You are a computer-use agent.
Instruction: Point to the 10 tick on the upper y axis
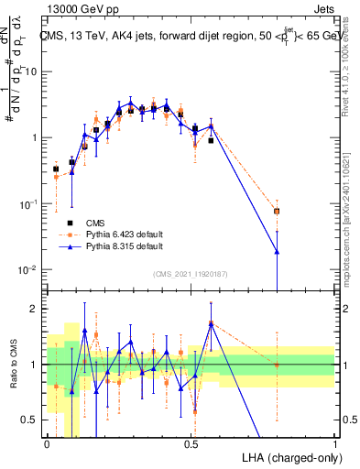coord(33,72)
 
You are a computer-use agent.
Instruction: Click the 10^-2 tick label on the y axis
coord(29,269)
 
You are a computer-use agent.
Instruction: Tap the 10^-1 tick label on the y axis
coord(29,203)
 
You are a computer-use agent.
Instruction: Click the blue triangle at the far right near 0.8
coord(277,251)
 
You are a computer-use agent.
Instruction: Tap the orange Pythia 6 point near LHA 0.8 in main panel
coord(277,211)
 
